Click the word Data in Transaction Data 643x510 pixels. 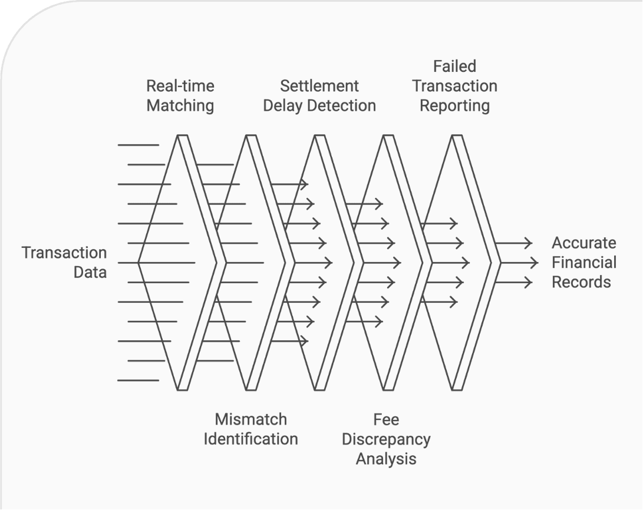pyautogui.click(x=90, y=272)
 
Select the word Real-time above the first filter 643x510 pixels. pyautogui.click(x=180, y=86)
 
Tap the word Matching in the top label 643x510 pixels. pyautogui.click(x=180, y=106)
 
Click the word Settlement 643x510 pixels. pyautogui.click(x=319, y=86)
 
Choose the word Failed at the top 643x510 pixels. pyautogui.click(x=454, y=66)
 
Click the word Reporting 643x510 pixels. pyautogui.click(x=454, y=106)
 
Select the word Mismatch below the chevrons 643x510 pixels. pyautogui.click(x=250, y=419)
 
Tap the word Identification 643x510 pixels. pyautogui.click(x=250, y=439)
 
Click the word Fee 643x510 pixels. pyautogui.click(x=386, y=419)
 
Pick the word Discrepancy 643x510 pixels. pyautogui.click(x=386, y=439)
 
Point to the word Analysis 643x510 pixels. pyautogui.click(x=386, y=459)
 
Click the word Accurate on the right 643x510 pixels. pyautogui.click(x=583, y=243)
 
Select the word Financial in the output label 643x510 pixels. pyautogui.click(x=583, y=263)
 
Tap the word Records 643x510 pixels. pyautogui.click(x=581, y=282)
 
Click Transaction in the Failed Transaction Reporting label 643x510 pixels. pyautogui.click(x=454, y=86)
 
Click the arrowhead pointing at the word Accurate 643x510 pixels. pyautogui.click(x=529, y=243)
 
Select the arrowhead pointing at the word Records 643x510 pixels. pyautogui.click(x=529, y=283)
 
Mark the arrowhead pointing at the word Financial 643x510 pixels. pyautogui.click(x=535, y=263)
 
